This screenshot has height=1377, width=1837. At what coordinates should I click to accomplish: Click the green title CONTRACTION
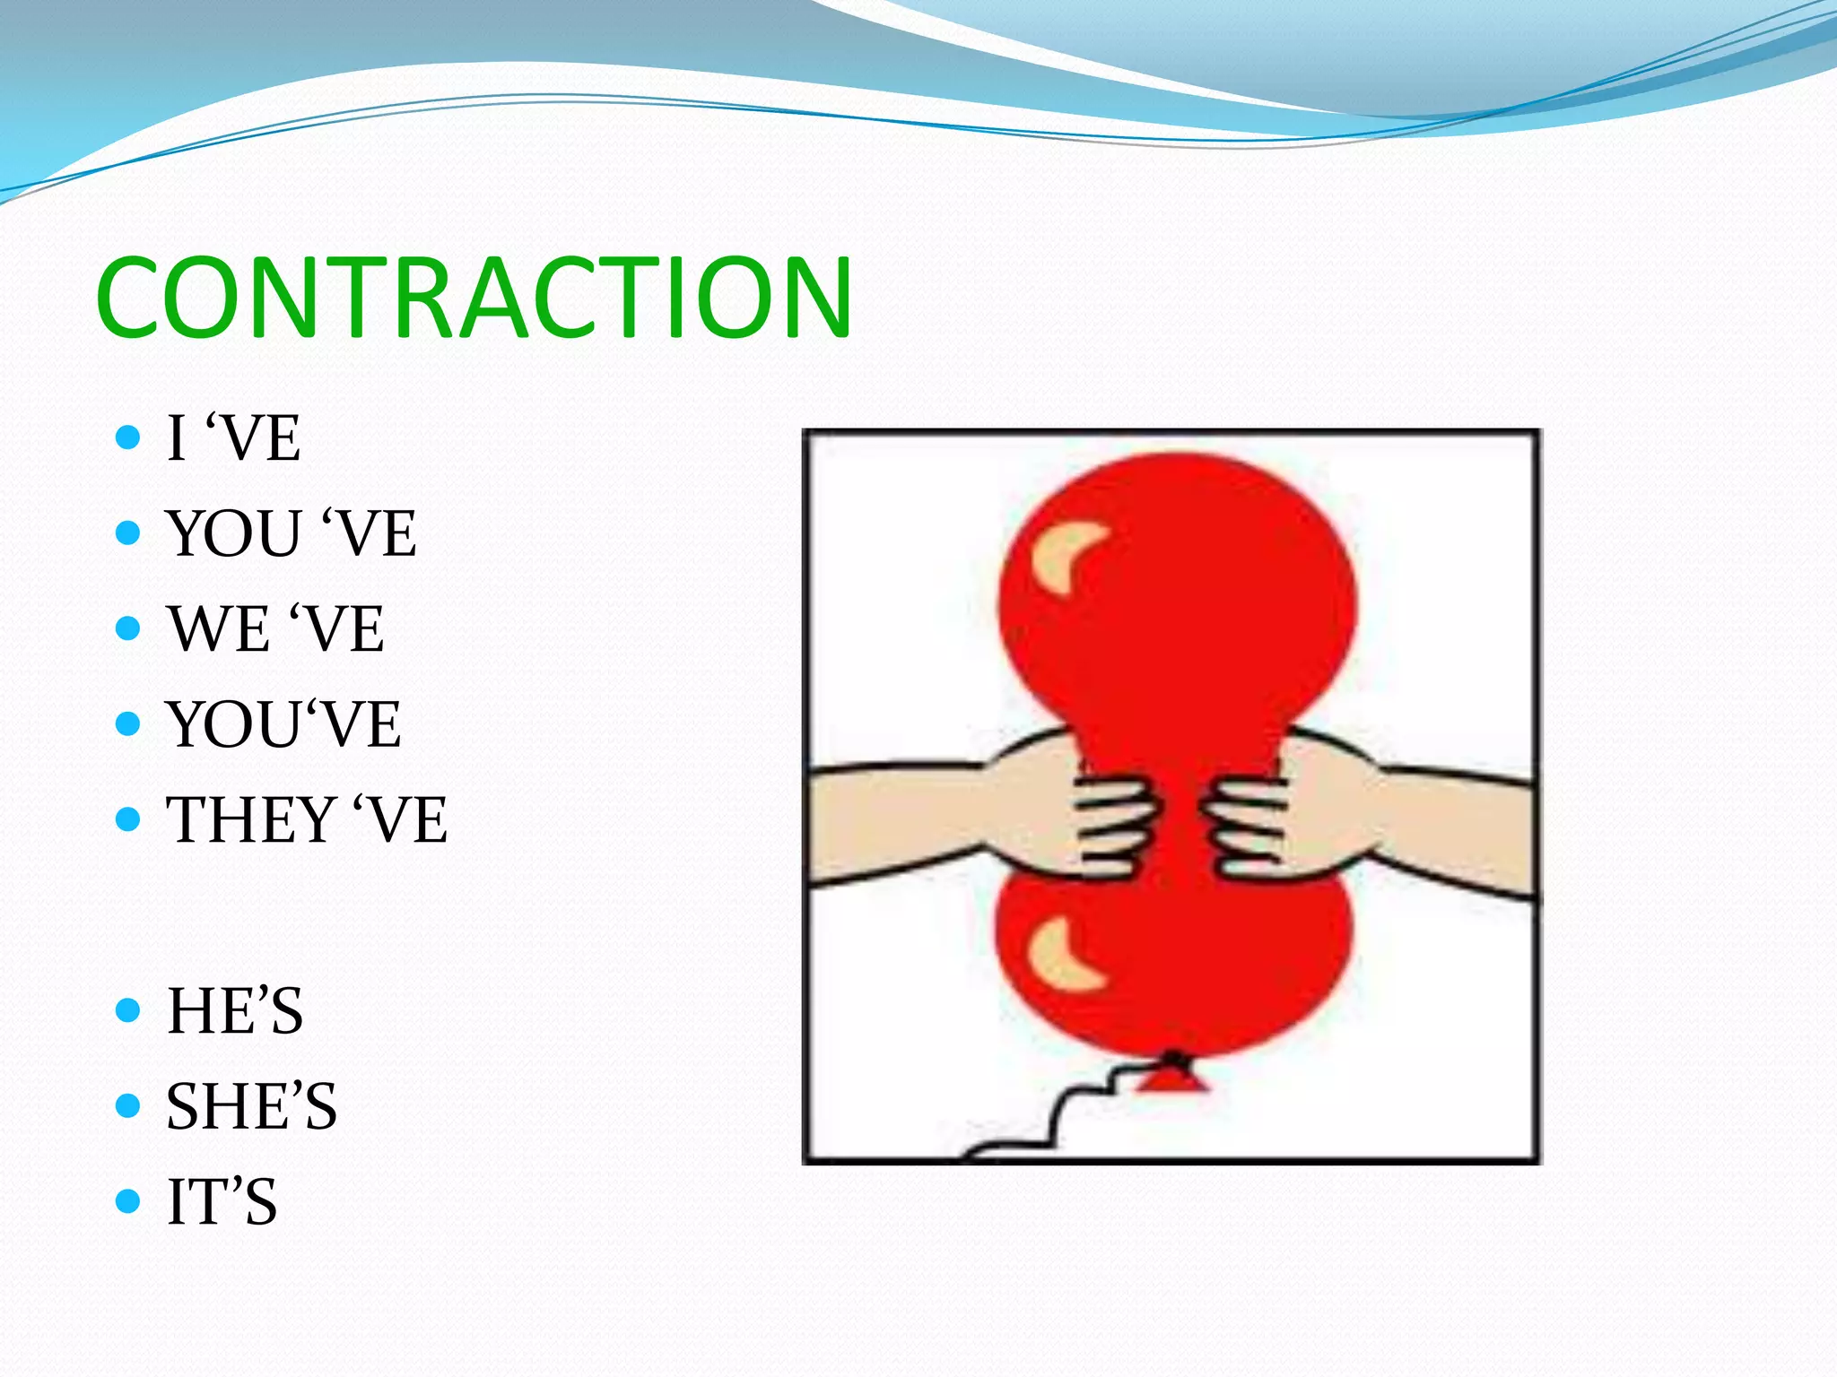474,298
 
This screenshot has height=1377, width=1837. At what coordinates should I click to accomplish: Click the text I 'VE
233,439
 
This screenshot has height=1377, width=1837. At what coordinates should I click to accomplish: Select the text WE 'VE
275,629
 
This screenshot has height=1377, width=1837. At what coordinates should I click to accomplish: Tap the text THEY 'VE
306,820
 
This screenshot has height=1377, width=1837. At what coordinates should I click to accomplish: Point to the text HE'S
235,1011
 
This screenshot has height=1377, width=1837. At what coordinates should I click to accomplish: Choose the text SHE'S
251,1106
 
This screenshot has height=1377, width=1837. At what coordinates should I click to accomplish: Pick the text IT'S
222,1202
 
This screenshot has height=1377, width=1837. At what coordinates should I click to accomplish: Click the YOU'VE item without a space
283,724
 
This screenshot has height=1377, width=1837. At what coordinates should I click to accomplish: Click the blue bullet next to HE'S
128,1010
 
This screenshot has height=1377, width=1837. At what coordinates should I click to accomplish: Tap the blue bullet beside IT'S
128,1201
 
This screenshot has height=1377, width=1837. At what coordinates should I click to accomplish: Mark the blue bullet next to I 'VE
128,437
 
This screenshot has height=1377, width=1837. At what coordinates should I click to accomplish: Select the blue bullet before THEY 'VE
128,819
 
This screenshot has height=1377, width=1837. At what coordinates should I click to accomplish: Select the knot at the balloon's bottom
1172,1076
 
